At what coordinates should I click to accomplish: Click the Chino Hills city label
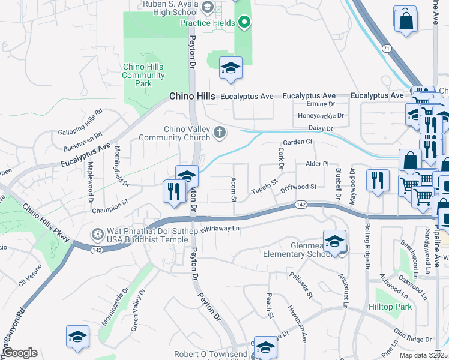(192, 96)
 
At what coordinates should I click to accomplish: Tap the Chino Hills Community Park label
(143, 75)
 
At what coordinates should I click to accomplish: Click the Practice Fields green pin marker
(244, 23)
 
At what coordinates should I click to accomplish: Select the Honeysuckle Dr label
(321, 116)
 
